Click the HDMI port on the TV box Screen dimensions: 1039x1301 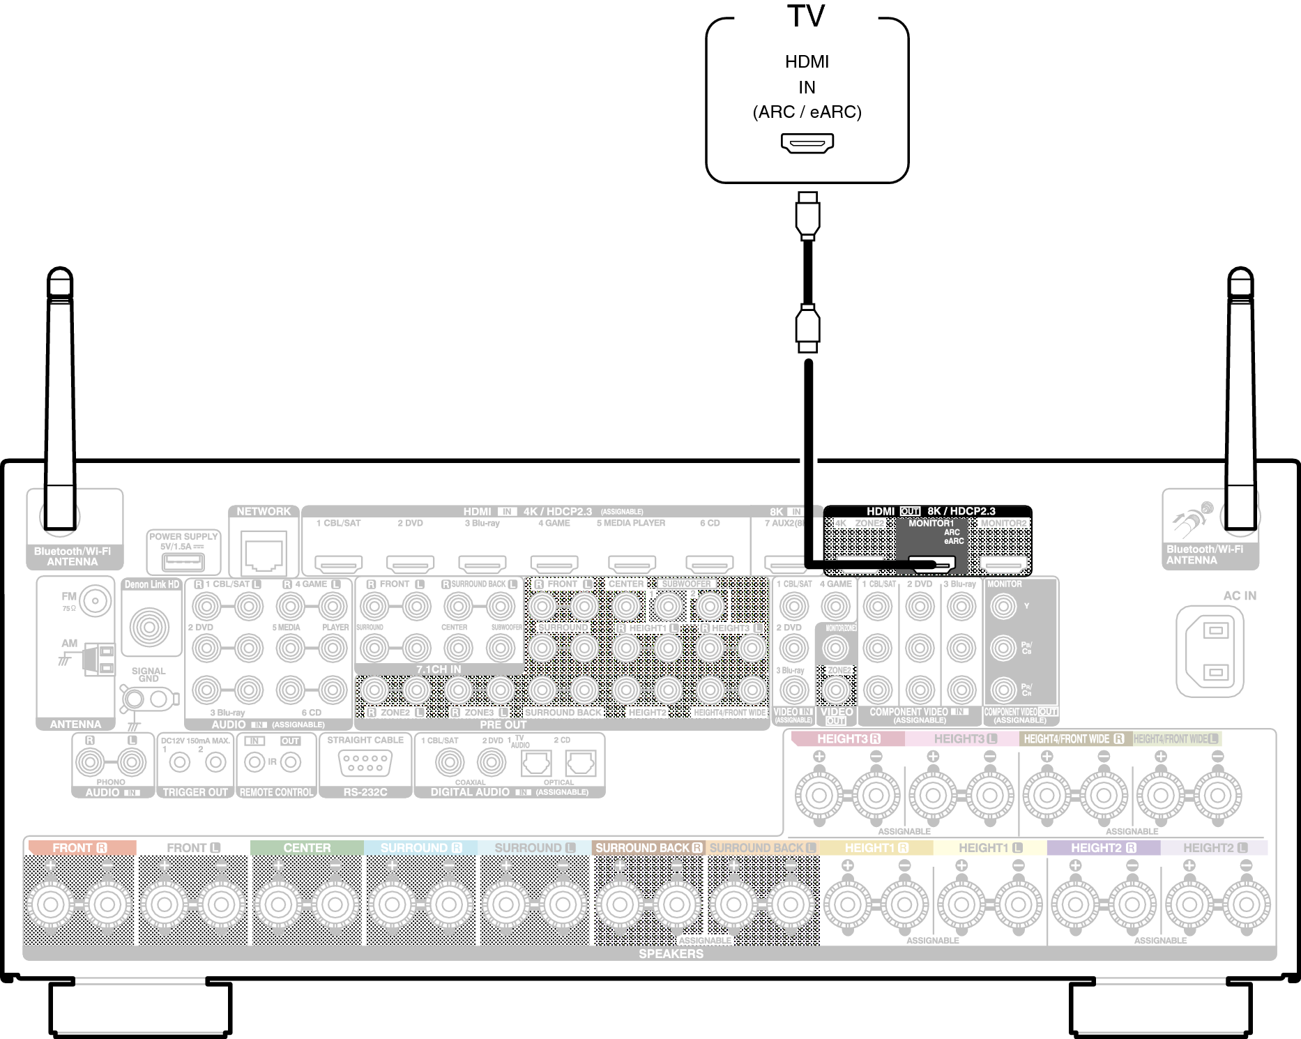click(807, 144)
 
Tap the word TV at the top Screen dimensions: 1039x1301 click(806, 15)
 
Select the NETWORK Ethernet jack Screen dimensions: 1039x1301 click(264, 551)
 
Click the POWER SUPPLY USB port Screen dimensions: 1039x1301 click(183, 561)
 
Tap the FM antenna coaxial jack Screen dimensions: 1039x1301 click(95, 600)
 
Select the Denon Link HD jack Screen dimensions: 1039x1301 click(149, 626)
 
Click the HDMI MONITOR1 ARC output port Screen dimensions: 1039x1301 click(931, 563)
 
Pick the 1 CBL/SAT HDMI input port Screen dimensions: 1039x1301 click(338, 563)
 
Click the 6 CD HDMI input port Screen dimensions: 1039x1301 click(709, 563)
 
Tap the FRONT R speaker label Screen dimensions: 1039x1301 click(79, 848)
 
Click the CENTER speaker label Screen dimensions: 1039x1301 click(307, 848)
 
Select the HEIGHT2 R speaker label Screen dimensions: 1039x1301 click(1103, 848)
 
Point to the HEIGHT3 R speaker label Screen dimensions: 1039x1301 click(848, 738)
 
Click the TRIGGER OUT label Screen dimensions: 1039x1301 click(195, 792)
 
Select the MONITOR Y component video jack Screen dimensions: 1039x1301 click(1003, 607)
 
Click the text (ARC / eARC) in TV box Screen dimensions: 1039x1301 click(807, 112)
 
